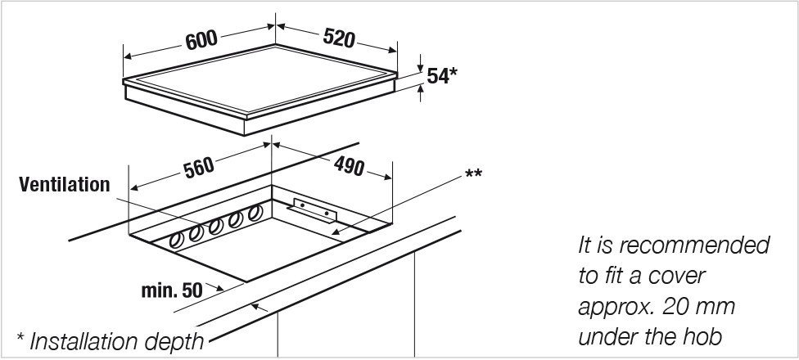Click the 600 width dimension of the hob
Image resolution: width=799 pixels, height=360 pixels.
[x=201, y=40]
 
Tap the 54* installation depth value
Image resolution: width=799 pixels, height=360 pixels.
[x=442, y=76]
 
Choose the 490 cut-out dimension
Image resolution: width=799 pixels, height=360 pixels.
[x=349, y=165]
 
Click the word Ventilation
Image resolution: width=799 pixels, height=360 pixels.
[x=65, y=184]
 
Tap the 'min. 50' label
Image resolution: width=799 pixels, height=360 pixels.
[x=172, y=290]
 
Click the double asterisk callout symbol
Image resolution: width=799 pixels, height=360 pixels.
[x=473, y=175]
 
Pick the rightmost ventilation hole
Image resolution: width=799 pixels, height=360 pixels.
[x=255, y=213]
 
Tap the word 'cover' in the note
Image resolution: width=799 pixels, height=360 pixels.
[x=678, y=276]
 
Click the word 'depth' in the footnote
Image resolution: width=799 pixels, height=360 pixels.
[x=174, y=343]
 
